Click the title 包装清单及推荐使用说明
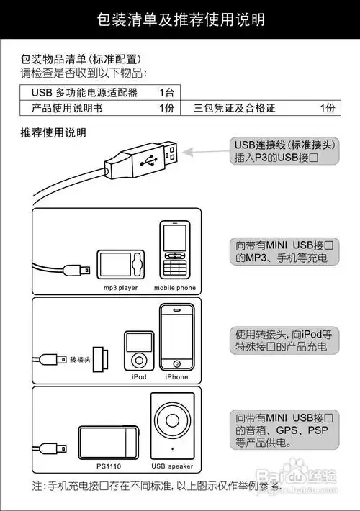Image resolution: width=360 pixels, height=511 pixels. point(180,19)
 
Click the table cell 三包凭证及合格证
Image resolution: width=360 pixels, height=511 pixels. point(235,108)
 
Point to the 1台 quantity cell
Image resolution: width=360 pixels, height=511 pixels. point(166,92)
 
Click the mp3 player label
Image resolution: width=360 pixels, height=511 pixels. point(120,288)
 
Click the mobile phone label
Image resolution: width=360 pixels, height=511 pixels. point(175,288)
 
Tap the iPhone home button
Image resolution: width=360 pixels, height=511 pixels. point(176,363)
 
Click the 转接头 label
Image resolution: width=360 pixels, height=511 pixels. point(80,358)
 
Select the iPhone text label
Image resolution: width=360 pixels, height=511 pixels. point(176,376)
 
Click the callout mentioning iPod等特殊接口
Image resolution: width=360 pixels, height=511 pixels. point(285,340)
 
